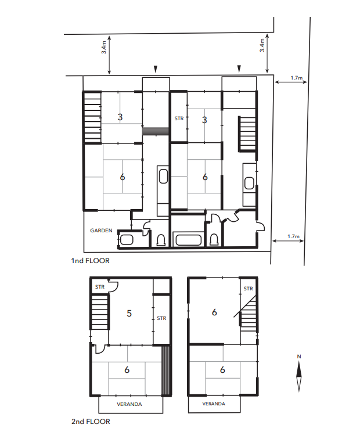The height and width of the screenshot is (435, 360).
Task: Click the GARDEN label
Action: pos(101,231)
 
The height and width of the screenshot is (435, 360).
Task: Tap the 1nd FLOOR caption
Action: pos(91,261)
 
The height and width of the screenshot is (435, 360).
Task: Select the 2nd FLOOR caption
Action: pos(91,422)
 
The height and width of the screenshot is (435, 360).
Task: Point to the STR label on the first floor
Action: pos(179,118)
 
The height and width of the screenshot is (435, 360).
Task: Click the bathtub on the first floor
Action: pos(189,240)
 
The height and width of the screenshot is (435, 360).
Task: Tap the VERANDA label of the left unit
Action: pos(129,404)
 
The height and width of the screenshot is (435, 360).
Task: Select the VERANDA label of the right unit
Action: pos(214,404)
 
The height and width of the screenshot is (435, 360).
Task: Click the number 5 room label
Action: pos(129,313)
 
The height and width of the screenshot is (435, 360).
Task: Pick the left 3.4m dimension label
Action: pos(104,48)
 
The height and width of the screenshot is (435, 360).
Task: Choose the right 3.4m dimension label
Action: pos(262,45)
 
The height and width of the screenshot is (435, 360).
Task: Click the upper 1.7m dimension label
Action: pos(297,78)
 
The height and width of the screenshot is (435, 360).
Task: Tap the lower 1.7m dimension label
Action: pos(293,236)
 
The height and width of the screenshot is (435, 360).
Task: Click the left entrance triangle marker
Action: pos(156,69)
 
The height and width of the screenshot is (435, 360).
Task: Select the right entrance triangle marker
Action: pos(239,69)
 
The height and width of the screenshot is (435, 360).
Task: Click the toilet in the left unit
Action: pos(161,240)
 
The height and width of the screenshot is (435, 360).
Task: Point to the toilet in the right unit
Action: pos(214,240)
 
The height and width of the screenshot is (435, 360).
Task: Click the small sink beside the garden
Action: pos(127,240)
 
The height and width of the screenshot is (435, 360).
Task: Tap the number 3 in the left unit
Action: pos(120,117)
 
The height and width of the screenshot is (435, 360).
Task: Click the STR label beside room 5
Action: pos(161,318)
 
